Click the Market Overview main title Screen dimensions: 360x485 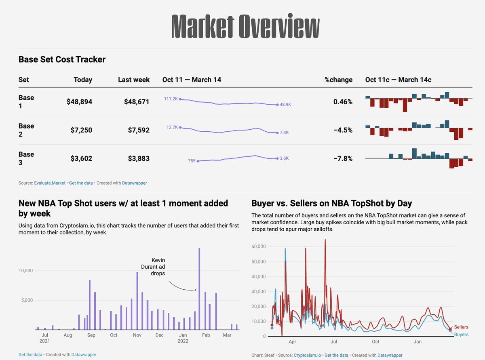[245, 27]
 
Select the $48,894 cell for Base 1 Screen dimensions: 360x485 [79, 102]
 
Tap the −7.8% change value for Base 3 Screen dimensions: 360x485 [343, 158]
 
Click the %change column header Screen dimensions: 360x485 [338, 80]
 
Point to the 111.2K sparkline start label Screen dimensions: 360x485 [171, 99]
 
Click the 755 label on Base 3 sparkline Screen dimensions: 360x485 [192, 161]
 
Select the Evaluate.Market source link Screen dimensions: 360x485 [50, 183]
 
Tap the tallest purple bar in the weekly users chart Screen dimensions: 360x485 [199, 288]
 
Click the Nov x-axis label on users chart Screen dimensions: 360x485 [137, 335]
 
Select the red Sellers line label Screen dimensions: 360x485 [461, 327]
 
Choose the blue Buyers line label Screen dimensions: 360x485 [461, 335]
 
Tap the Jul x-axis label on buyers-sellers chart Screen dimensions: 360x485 [334, 342]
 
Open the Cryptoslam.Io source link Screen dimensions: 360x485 [307, 355]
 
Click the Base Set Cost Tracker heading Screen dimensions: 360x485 [62, 59]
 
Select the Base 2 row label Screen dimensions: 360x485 [26, 130]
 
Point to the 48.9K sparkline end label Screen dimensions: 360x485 [285, 105]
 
